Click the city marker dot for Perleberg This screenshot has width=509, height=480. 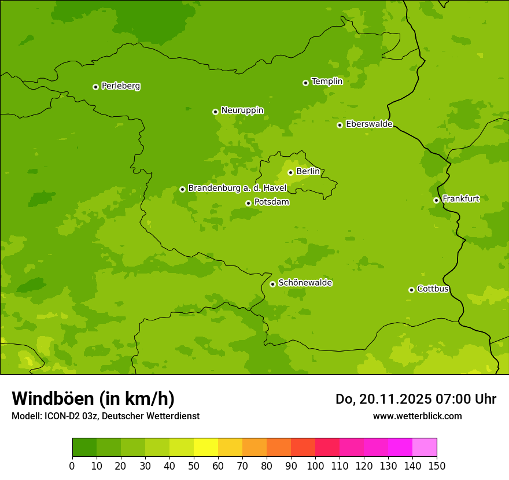point(95,87)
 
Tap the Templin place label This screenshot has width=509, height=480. point(327,82)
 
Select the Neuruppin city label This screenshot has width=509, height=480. point(242,110)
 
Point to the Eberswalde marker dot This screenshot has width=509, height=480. point(340,125)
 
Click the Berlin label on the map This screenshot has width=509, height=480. point(308,172)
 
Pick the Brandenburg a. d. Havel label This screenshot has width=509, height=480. point(237,189)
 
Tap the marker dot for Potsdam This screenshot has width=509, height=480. point(248,203)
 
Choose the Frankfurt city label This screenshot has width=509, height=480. point(460,199)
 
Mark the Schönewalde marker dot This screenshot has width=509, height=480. point(272,284)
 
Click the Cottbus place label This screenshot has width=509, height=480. point(433,289)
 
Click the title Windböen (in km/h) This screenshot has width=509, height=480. point(93,399)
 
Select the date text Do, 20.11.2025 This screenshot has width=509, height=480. point(383,399)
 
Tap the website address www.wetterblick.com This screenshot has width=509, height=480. point(417,416)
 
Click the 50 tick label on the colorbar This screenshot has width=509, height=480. point(194,466)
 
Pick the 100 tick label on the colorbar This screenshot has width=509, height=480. point(315,466)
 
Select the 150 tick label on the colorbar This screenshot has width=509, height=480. point(437,466)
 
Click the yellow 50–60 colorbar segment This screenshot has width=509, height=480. point(206,448)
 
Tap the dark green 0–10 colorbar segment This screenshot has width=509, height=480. point(84,448)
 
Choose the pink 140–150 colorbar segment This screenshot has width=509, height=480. point(425,448)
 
